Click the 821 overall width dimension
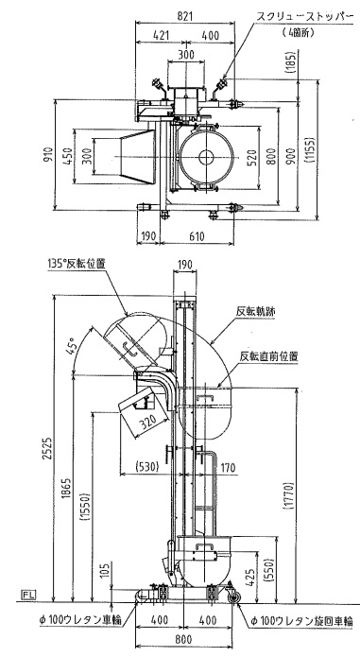coord(183,16)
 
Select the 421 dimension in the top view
coord(162,35)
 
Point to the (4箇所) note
coord(298,32)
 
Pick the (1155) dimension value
coord(310,150)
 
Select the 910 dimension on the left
coord(50,155)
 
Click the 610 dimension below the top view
coord(197,236)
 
